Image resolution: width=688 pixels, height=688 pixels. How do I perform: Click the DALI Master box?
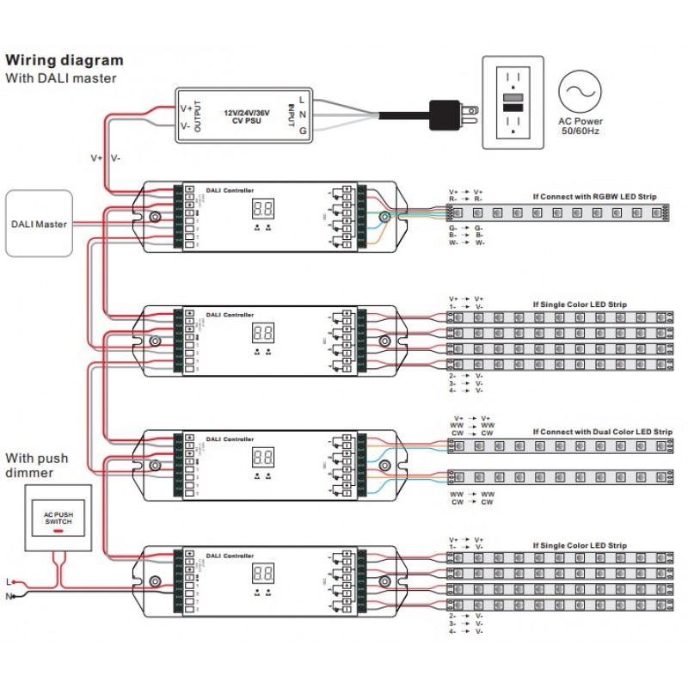click(39, 224)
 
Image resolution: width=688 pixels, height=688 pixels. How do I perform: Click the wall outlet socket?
click(513, 102)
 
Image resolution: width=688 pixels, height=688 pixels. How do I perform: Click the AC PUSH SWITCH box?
click(58, 517)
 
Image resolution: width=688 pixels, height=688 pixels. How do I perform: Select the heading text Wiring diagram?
click(64, 61)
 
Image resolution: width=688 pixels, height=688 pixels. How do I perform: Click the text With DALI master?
click(61, 78)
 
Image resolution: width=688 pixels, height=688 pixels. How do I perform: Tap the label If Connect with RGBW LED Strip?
click(594, 197)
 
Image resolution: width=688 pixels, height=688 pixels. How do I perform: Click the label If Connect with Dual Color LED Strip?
click(602, 432)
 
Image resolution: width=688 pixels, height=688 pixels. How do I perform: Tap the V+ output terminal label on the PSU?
click(186, 108)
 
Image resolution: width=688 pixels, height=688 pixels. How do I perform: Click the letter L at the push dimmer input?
click(9, 581)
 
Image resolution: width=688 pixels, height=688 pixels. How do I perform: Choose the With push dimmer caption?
click(37, 465)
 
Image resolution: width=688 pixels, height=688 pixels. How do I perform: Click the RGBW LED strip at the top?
click(585, 211)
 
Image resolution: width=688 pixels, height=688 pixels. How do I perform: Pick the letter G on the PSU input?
click(303, 132)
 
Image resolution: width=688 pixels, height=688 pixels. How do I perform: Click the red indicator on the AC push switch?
click(58, 531)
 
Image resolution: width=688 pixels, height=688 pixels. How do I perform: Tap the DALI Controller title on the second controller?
click(224, 313)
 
